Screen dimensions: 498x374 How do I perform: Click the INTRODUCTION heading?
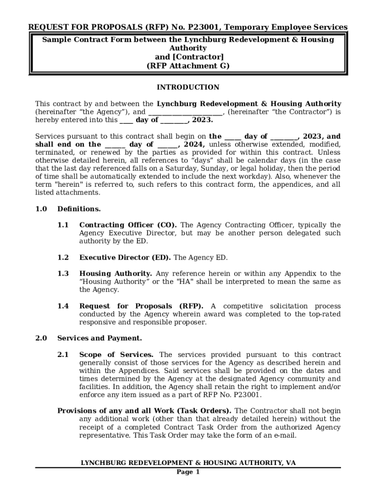pos(187,88)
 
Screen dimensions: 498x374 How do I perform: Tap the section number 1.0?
pos(41,209)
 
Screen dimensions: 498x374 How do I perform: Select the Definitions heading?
pos(79,209)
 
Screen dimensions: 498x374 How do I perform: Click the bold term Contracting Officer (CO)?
pos(128,225)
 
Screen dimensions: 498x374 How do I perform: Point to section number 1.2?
pos(63,258)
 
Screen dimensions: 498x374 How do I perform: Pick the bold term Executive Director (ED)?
pos(125,258)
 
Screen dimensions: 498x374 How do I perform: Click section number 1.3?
pos(63,274)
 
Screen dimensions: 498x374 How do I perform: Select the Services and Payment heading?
pos(100,338)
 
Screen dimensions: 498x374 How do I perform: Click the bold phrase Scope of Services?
pos(116,355)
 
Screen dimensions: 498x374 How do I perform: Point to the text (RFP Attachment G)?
pos(187,66)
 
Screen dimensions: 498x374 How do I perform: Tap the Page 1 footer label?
pos(187,472)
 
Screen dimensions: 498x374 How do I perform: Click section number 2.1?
pos(63,355)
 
